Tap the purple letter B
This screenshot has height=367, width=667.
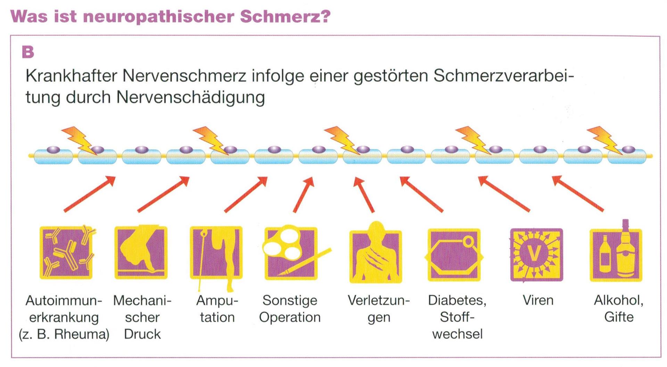coord(28,52)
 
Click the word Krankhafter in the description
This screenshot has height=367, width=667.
coord(71,76)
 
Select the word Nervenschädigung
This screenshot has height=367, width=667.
coord(190,97)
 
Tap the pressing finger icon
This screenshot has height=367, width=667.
coord(141,252)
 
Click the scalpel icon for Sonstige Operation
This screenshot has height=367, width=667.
coord(291,252)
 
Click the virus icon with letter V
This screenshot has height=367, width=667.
coord(536,255)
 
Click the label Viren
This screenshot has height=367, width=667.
coord(538,300)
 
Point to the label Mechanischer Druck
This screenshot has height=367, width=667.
coord(142,317)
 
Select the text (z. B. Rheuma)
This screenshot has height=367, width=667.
coord(64,334)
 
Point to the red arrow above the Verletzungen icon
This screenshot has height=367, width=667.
coord(364,194)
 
